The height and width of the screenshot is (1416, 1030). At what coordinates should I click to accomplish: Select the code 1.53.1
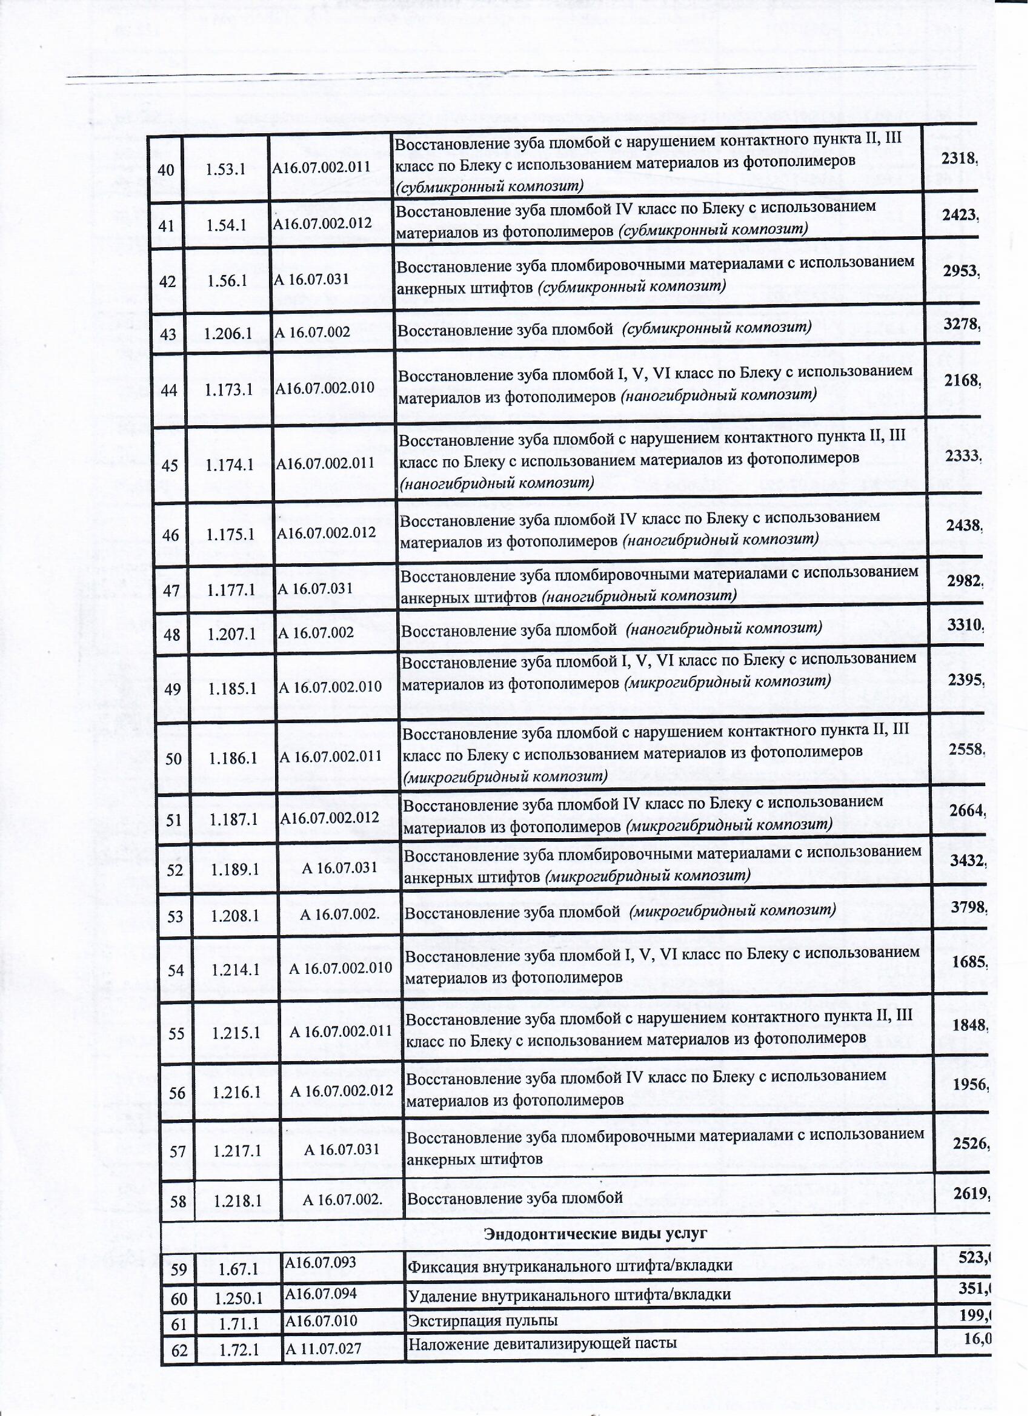point(225,169)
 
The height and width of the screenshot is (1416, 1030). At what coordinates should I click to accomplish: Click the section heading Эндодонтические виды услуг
point(595,1233)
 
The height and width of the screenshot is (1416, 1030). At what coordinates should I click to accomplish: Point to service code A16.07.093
point(321,1262)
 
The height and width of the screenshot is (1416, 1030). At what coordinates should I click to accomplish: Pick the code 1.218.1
point(238,1200)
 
